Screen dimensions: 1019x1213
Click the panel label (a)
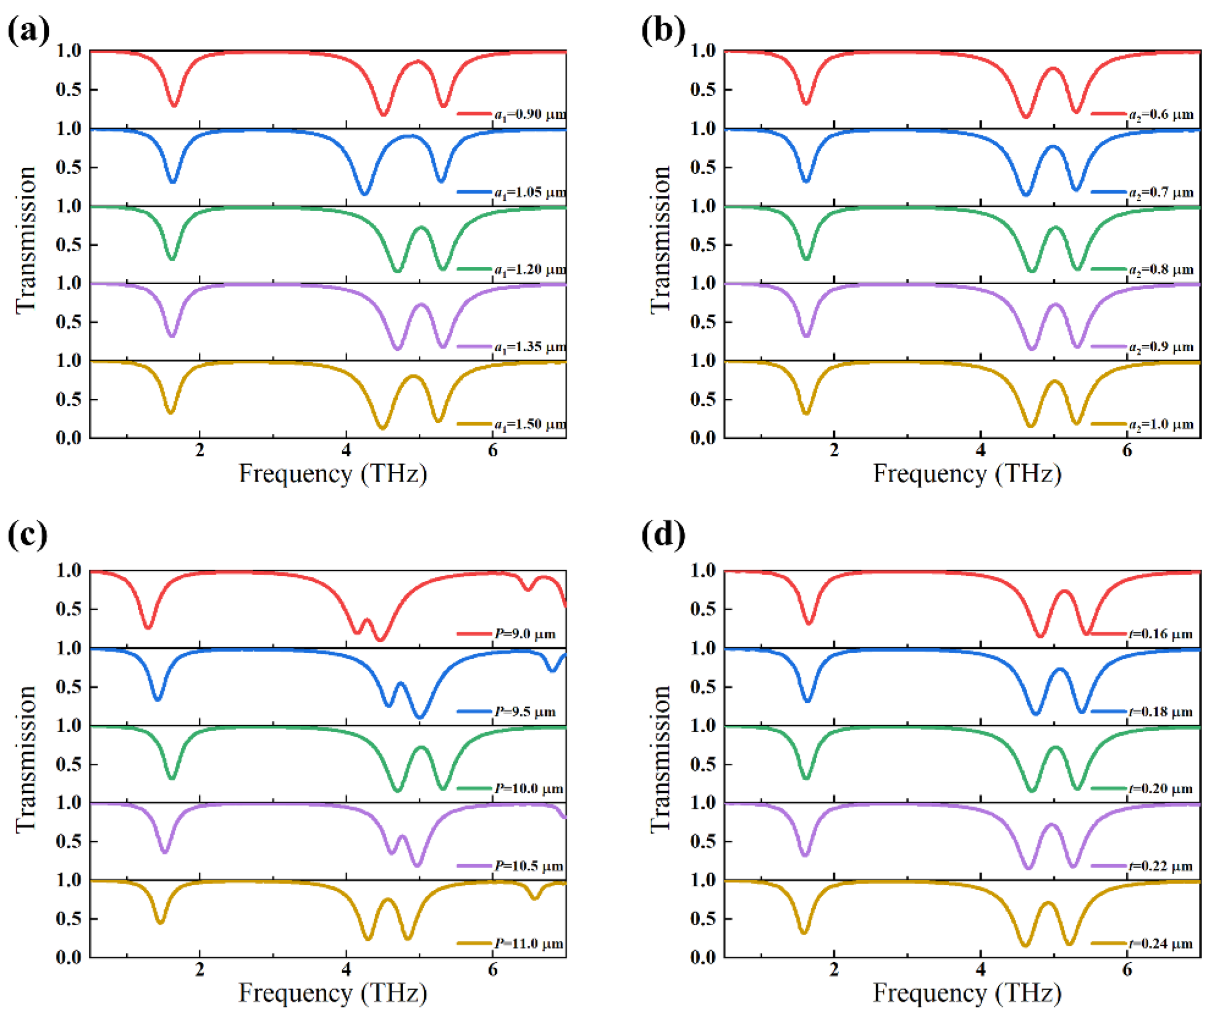click(28, 30)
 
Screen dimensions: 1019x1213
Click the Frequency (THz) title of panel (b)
click(967, 474)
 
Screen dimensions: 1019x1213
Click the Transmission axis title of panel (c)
click(26, 759)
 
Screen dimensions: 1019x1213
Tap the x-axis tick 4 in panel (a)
click(346, 450)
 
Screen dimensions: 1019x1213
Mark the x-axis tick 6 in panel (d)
click(1127, 969)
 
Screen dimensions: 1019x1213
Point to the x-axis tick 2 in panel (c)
click(199, 969)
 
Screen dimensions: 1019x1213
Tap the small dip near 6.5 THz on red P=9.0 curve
click(527, 589)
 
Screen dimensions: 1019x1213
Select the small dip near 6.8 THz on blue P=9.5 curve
click(552, 671)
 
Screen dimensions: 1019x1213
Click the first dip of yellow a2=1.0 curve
click(806, 413)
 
